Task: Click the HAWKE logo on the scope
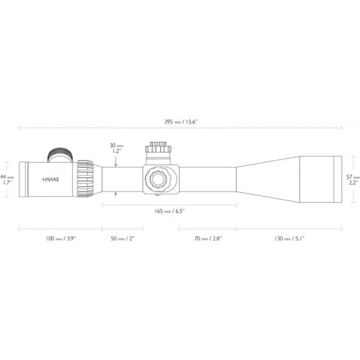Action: [x=50, y=179]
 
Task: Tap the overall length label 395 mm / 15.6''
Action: [x=181, y=122]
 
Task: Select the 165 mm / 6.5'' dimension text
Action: [x=169, y=211]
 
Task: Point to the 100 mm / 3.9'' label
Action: [x=61, y=239]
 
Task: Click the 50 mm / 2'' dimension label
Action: [x=122, y=239]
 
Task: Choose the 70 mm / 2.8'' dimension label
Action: [x=208, y=239]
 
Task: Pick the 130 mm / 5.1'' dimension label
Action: [x=289, y=239]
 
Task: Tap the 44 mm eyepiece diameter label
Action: [x=7, y=177]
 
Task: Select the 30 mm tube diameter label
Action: [x=116, y=146]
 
